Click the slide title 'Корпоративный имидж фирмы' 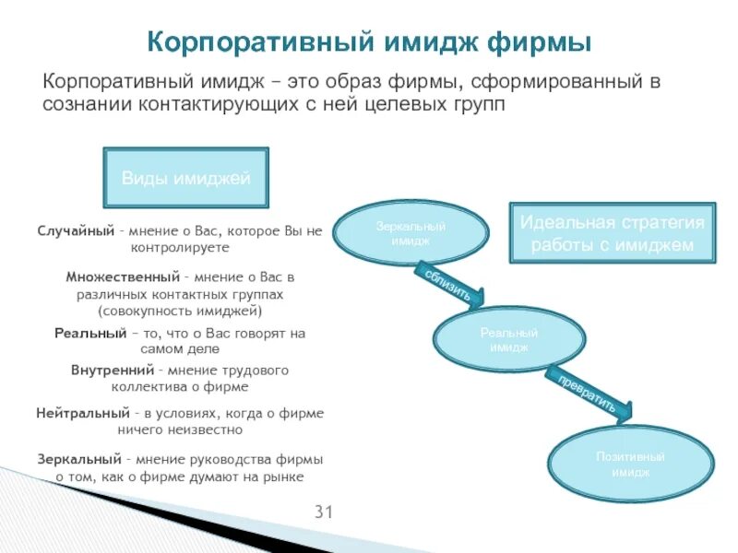[x=369, y=42]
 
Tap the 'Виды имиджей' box [x=186, y=178]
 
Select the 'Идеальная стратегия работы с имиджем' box [x=613, y=234]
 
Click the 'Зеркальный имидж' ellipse [x=411, y=232]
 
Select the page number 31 [x=324, y=512]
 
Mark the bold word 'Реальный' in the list [x=90, y=333]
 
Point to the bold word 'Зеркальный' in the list [x=79, y=459]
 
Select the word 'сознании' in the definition [x=88, y=104]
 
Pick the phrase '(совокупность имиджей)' [x=180, y=312]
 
